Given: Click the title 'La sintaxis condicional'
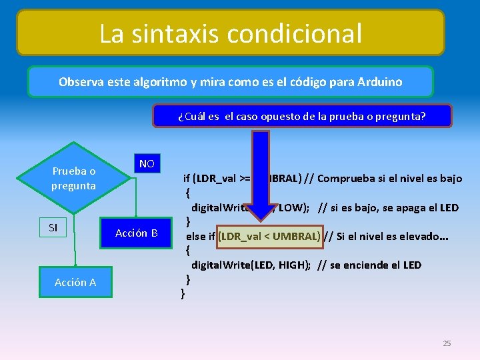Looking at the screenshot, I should coord(230,33).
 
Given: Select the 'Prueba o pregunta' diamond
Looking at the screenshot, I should coord(73,179).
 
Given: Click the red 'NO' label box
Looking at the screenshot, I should coord(147,164).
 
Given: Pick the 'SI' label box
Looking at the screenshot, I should coord(53,228).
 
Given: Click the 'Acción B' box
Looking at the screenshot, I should coord(136,233).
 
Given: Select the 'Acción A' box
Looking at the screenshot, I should coord(75,282).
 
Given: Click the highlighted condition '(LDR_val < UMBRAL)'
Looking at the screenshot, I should coord(270,236).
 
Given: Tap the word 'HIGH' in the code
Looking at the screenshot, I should coord(289,265).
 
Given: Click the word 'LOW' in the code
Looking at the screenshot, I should coord(289,207).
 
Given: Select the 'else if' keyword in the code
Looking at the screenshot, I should coord(200,236).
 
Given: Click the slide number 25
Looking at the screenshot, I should coord(447,343).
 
